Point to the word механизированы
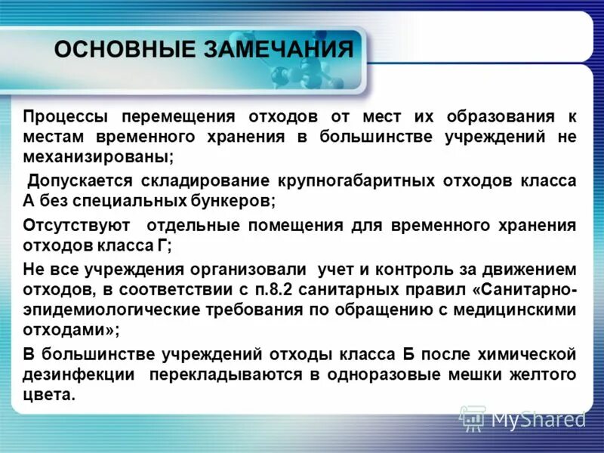98,158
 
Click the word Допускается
80,182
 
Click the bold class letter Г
164,245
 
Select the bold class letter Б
407,355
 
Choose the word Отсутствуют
76,226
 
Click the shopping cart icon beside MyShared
472,417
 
